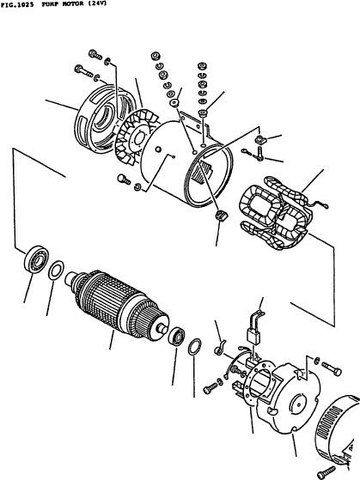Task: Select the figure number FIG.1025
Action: pos(17,5)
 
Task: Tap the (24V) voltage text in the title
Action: pos(97,4)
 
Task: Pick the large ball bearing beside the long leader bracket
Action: pos(37,259)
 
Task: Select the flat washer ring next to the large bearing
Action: pos(56,270)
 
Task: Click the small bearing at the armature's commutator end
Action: pos(177,336)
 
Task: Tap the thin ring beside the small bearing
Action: pos(195,347)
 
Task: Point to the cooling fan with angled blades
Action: pos(136,139)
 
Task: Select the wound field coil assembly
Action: pos(278,213)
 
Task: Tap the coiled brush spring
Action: pos(220,348)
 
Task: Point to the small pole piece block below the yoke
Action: pos(221,215)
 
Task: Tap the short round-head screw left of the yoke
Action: pos(124,179)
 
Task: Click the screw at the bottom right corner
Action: pos(326,472)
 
